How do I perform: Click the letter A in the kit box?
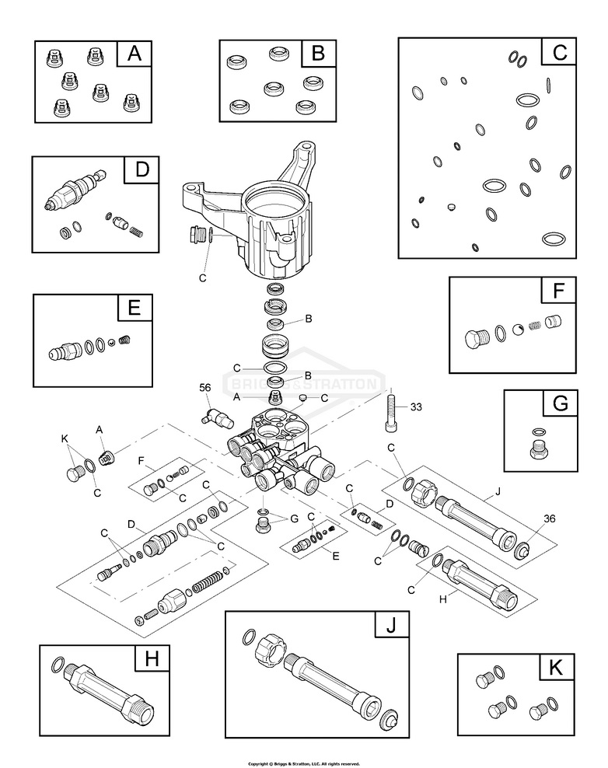point(134,54)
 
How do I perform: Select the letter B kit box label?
point(317,54)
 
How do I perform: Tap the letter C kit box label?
point(560,53)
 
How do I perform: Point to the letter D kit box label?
point(142,170)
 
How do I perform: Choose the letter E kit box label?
point(134,308)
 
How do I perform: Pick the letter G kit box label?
point(560,404)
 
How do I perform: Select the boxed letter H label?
point(152,659)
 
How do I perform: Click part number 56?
point(205,387)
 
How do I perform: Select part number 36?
point(528,518)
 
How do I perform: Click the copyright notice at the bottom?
point(303,763)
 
